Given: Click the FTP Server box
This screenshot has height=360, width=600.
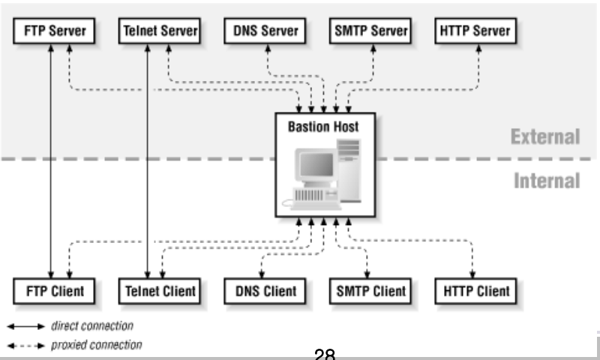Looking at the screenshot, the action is tap(54, 31).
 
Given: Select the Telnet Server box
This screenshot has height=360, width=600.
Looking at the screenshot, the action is tap(160, 31).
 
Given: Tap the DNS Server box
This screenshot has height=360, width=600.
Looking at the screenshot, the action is tap(265, 31).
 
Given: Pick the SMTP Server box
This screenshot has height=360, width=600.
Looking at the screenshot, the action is tap(370, 31).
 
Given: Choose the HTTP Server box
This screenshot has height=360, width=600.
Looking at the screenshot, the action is tap(475, 31).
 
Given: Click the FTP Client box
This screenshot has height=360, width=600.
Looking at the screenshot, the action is tap(54, 292).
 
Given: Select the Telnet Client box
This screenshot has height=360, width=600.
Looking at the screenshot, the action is tap(160, 292).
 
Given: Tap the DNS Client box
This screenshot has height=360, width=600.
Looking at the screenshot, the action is tap(265, 292).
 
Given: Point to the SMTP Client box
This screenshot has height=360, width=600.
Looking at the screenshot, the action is tap(370, 292).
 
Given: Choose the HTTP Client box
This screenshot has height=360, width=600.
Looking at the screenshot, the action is tap(475, 292).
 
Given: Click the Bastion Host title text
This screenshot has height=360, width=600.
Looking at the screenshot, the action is tap(323, 127).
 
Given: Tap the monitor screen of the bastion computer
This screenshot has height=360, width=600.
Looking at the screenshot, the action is tap(316, 164).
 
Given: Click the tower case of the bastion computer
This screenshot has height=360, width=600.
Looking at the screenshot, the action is tap(349, 171).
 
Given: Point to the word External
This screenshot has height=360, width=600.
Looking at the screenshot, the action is tap(545, 136).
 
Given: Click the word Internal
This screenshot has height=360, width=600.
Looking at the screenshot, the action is tap(547, 181).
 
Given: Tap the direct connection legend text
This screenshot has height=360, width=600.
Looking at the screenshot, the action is tap(92, 326).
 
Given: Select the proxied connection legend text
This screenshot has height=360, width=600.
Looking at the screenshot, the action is tap(97, 345).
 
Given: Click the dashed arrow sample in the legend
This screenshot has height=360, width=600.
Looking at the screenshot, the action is tap(26, 346).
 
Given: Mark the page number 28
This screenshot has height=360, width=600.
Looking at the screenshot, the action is tap(325, 353).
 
